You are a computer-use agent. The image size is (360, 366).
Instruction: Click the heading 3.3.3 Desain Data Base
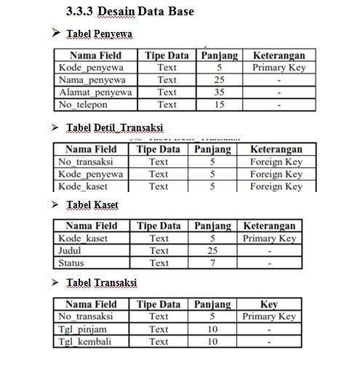click(x=132, y=12)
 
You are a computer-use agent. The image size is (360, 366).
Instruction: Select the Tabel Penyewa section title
click(x=99, y=35)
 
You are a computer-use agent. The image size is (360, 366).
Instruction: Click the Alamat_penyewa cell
click(x=91, y=92)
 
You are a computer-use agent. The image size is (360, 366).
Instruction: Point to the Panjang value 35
click(x=218, y=92)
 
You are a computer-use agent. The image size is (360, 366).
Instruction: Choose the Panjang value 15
click(x=218, y=105)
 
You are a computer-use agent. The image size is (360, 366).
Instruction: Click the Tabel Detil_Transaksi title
click(x=114, y=128)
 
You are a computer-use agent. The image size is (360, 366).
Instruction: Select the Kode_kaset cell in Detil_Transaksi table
click(x=83, y=187)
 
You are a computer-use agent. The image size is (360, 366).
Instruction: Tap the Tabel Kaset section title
click(x=92, y=204)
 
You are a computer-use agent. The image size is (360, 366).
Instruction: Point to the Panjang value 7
click(x=212, y=263)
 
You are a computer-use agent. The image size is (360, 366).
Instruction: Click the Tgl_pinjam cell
click(x=81, y=329)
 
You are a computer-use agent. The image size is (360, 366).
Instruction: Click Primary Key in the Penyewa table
click(x=279, y=68)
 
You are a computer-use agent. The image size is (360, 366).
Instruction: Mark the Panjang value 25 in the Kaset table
click(x=212, y=250)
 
